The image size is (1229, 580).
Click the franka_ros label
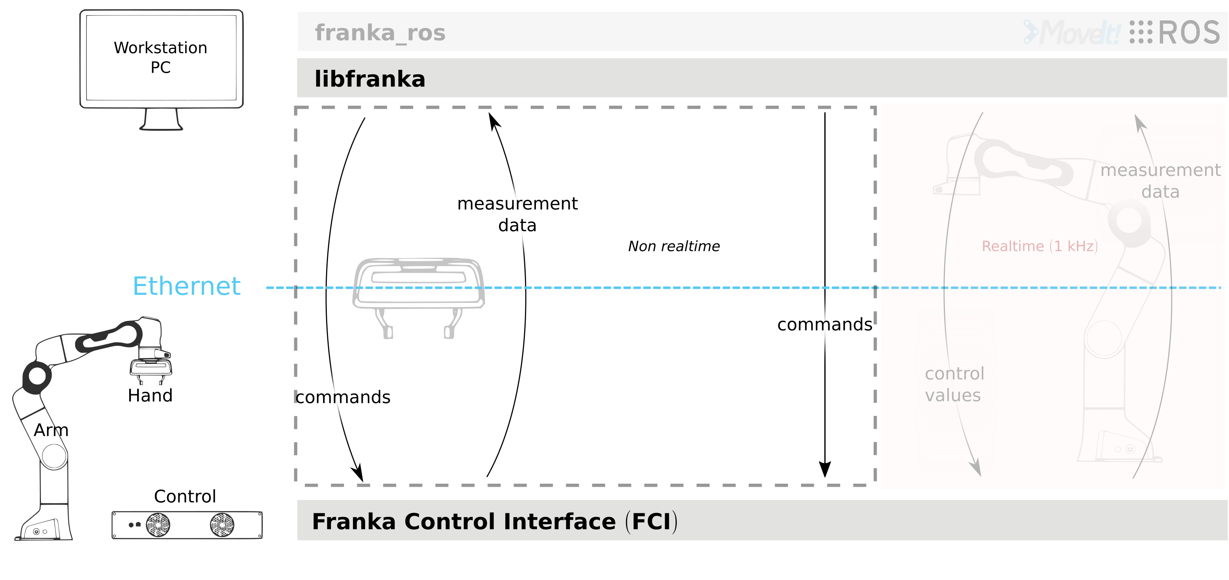click(380, 33)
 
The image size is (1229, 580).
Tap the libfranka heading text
click(370, 79)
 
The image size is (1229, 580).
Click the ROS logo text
click(1188, 33)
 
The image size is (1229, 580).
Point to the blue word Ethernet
click(187, 287)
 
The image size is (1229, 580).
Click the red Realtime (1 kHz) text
click(1040, 246)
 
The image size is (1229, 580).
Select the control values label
click(954, 384)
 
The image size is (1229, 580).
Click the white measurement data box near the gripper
click(516, 216)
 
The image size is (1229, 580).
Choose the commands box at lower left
click(361, 397)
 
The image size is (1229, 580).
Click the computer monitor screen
click(161, 58)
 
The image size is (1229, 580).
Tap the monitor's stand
click(161, 119)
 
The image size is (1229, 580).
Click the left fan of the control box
click(158, 525)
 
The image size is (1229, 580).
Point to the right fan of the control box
click(222, 525)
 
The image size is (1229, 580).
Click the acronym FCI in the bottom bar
click(651, 521)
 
